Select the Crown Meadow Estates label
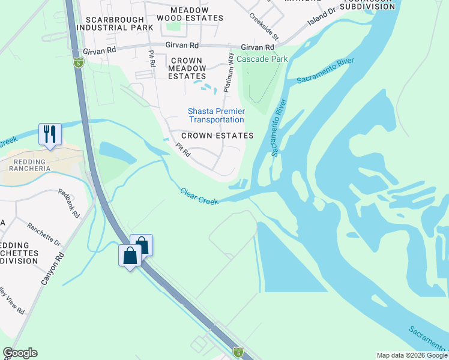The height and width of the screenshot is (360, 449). tap(188, 68)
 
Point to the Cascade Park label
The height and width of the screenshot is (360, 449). tap(262, 59)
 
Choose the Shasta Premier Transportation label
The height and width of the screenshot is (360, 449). tap(216, 115)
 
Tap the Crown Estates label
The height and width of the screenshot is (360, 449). tap(217, 136)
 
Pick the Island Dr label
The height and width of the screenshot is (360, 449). tap(322, 17)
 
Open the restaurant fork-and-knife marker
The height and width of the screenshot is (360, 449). tap(50, 134)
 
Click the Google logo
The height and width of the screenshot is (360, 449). tap(20, 353)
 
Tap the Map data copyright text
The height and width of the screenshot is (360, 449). tap(411, 355)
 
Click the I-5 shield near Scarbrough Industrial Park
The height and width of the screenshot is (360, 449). tap(78, 62)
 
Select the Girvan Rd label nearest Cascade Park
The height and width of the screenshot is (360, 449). tap(258, 47)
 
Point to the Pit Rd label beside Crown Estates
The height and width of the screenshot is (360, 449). tap(183, 150)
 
